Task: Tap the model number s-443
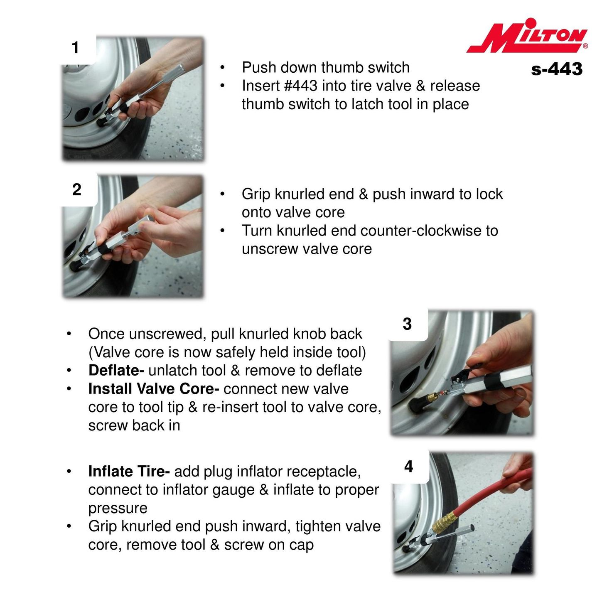[x=557, y=69]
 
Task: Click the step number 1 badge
[x=75, y=48]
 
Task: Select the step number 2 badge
[x=77, y=189]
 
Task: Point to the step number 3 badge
[x=407, y=324]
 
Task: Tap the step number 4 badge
[x=409, y=467]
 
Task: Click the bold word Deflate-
[x=116, y=371]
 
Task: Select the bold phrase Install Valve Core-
[x=154, y=388]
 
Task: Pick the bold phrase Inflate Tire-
[x=129, y=472]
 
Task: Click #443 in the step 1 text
[x=300, y=86]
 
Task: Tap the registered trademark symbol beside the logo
[x=585, y=46]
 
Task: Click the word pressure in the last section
[x=118, y=508]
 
